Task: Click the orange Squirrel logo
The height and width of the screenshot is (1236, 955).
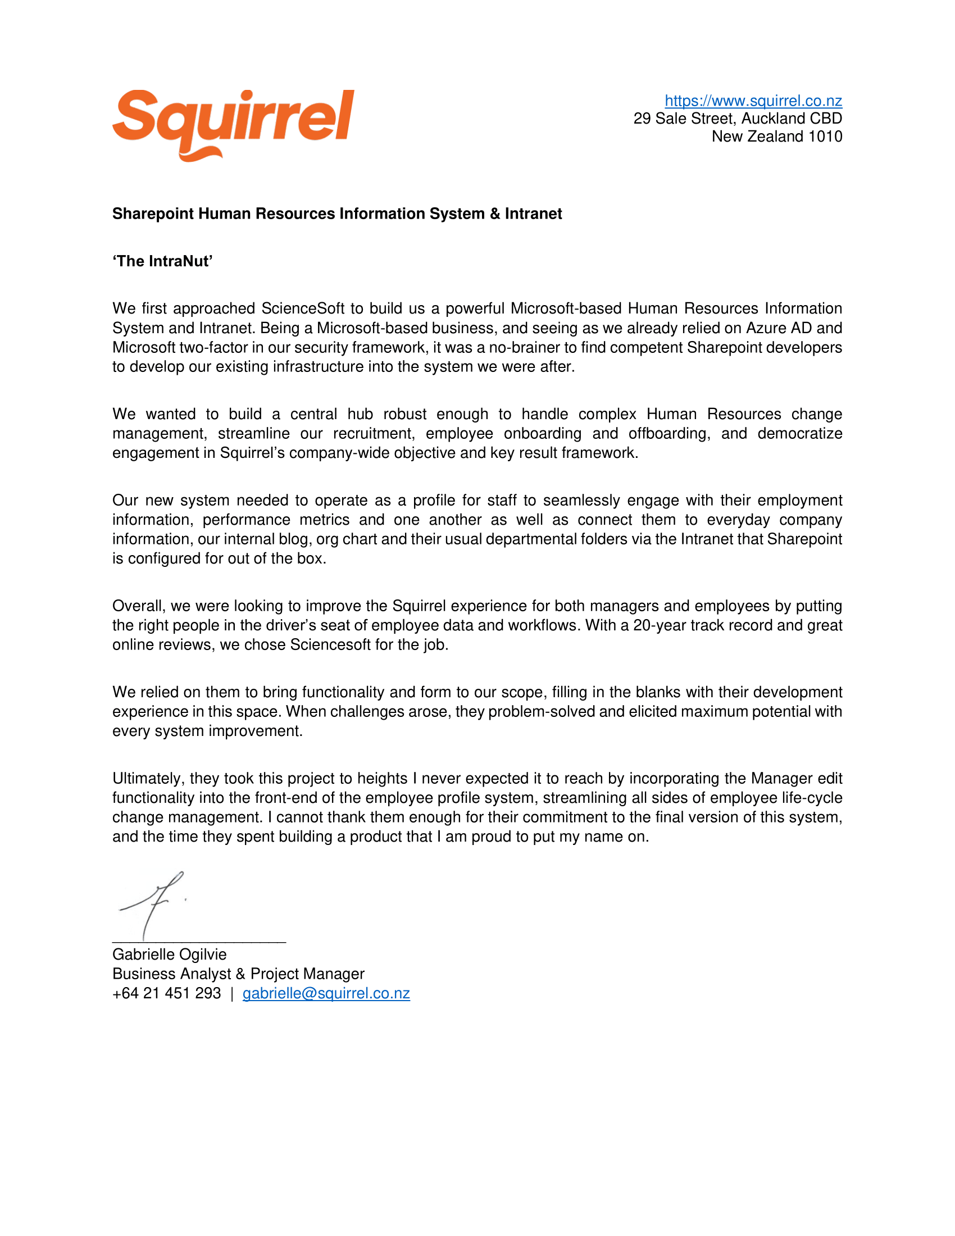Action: (x=233, y=124)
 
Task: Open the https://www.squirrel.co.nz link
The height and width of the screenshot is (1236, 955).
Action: (x=753, y=101)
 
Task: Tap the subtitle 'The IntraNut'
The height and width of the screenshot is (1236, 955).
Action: (x=162, y=261)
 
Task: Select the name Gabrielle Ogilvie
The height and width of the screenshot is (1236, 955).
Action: (x=169, y=954)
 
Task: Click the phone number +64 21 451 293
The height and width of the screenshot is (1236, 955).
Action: (x=166, y=993)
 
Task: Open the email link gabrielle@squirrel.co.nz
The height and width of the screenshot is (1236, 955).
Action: (x=326, y=993)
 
